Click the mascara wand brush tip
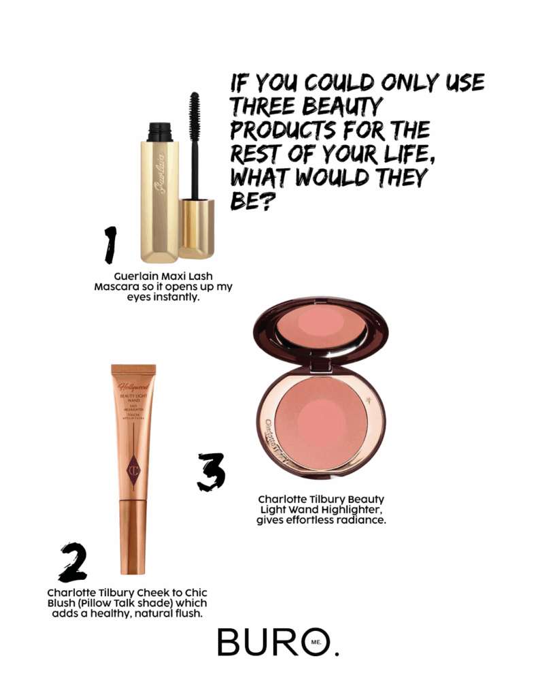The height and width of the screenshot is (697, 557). coord(194,110)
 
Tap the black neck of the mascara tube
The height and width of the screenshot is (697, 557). coord(160,132)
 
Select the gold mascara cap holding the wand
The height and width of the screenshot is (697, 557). coord(197,229)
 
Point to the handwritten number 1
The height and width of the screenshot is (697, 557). coord(110,245)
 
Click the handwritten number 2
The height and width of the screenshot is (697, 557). coord(73,562)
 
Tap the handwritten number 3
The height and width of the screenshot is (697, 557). coord(212,472)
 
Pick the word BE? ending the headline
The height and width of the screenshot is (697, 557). coord(251,201)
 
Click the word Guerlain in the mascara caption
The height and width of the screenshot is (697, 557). coord(134,276)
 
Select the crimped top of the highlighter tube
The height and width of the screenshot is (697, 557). coord(133,370)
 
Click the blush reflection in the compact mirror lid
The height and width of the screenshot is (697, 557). coord(321,323)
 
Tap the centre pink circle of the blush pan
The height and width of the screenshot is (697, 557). coord(321,421)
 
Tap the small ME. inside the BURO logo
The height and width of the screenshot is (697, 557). coord(316,642)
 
